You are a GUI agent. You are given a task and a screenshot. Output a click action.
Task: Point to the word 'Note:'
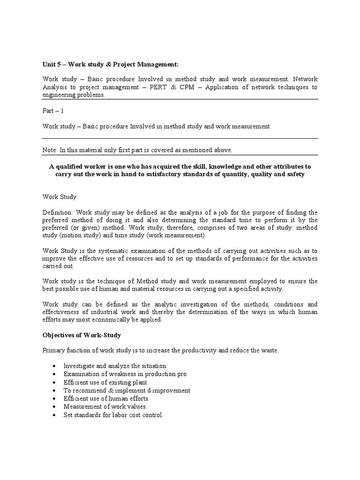click(51, 150)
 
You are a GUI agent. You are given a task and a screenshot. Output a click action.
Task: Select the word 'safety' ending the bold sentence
click(295, 174)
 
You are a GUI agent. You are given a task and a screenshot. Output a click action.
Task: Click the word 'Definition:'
click(57, 212)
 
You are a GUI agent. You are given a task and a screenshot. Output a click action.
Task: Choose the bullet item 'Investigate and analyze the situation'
click(116, 366)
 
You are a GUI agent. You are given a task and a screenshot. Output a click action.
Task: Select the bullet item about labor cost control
click(114, 415)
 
